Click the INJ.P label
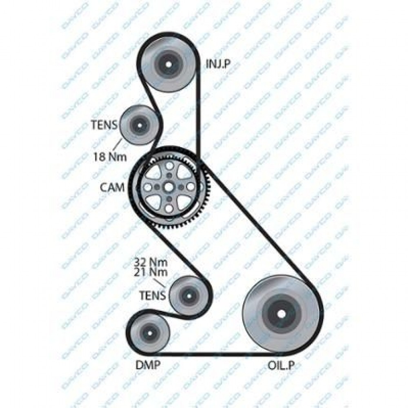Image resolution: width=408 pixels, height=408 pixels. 218,64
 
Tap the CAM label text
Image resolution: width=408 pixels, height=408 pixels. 113,187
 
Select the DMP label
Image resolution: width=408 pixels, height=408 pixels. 148,365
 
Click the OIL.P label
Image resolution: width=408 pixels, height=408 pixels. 281,365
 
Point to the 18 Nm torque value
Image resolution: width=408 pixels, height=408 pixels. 110,157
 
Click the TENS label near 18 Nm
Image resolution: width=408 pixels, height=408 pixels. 104,125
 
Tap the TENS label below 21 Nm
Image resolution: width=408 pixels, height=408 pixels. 153,295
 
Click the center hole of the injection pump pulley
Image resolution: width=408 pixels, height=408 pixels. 169,64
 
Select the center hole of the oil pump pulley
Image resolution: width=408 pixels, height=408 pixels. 281,314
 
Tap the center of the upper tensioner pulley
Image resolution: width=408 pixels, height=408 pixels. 140,125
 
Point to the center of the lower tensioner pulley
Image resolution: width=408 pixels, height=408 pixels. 188,296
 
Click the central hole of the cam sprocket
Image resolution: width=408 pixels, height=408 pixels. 169,187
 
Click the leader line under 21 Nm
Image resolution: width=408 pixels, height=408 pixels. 159,283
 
